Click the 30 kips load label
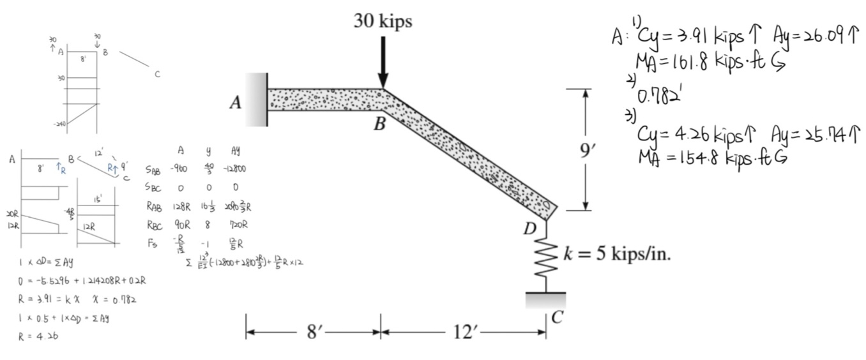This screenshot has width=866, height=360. pyautogui.click(x=383, y=21)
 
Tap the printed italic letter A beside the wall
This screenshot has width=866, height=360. pyautogui.click(x=236, y=103)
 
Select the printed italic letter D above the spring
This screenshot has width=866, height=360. pyautogui.click(x=529, y=229)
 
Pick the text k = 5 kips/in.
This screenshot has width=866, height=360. pyautogui.click(x=617, y=254)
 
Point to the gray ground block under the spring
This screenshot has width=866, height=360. pyautogui.click(x=545, y=298)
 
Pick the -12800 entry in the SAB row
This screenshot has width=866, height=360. pyautogui.click(x=234, y=169)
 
